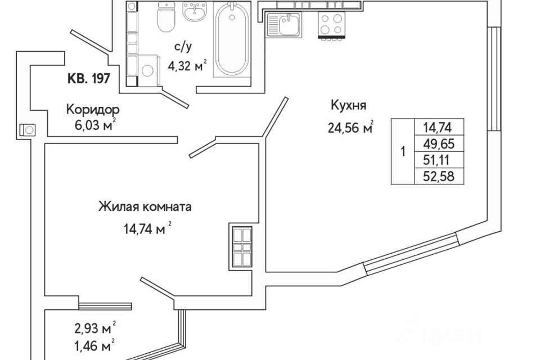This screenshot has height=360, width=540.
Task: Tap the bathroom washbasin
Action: tap(196, 11)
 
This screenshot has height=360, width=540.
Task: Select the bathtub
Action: tap(232, 39)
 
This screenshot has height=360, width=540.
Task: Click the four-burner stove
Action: tap(331, 24)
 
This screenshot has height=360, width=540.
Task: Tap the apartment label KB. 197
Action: tap(88, 79)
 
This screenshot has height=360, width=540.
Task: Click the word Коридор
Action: tap(93, 110)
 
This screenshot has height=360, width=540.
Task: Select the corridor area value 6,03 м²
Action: tap(94, 125)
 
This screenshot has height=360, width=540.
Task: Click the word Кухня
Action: tap(348, 105)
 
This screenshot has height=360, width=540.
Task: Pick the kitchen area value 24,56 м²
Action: tap(350, 128)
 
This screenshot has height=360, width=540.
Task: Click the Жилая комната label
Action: tap(145, 206)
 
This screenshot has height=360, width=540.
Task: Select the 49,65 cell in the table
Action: tap(439, 143)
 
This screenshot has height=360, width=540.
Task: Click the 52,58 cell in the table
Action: tap(439, 176)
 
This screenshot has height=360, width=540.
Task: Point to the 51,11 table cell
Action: tap(439, 160)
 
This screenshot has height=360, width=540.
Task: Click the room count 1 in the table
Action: tap(403, 151)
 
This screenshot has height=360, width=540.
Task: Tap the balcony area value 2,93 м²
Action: tap(94, 329)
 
